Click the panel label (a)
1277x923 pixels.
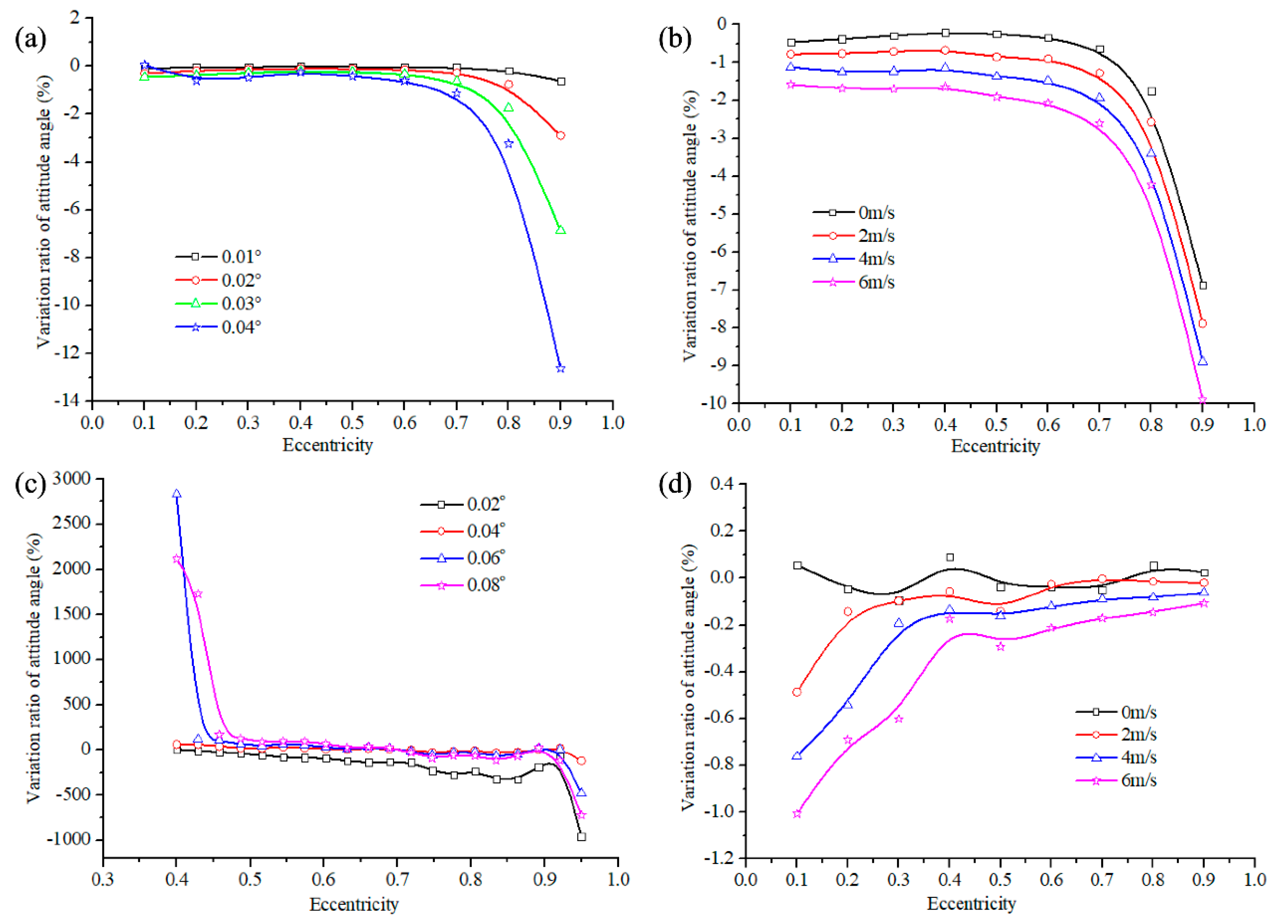(x=30, y=40)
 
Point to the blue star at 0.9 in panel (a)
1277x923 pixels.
(x=560, y=368)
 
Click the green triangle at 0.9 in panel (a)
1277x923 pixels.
(x=560, y=230)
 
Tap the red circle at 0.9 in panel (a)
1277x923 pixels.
(x=560, y=136)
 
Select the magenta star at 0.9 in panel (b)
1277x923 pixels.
(x=1202, y=399)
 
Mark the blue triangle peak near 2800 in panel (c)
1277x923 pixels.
(x=176, y=494)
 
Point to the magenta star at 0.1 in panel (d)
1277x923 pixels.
(x=797, y=814)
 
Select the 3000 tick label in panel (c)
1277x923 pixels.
(x=72, y=479)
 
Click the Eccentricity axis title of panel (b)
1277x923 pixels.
(x=995, y=447)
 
